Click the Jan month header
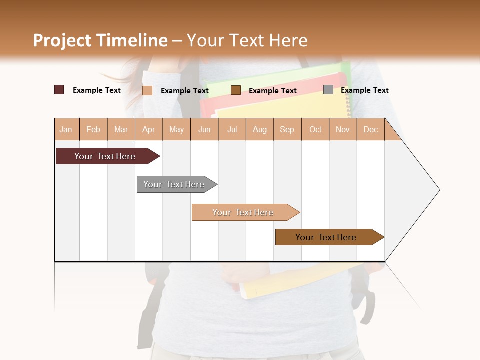66,129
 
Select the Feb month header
93,129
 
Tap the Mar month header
121,129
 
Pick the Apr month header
149,129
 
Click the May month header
176,129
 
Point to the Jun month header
204,129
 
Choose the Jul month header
232,129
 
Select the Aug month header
260,129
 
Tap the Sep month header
287,129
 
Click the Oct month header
315,129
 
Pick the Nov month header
343,129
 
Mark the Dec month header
371,129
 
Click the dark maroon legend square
59,90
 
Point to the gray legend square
328,90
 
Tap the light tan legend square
147,90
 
